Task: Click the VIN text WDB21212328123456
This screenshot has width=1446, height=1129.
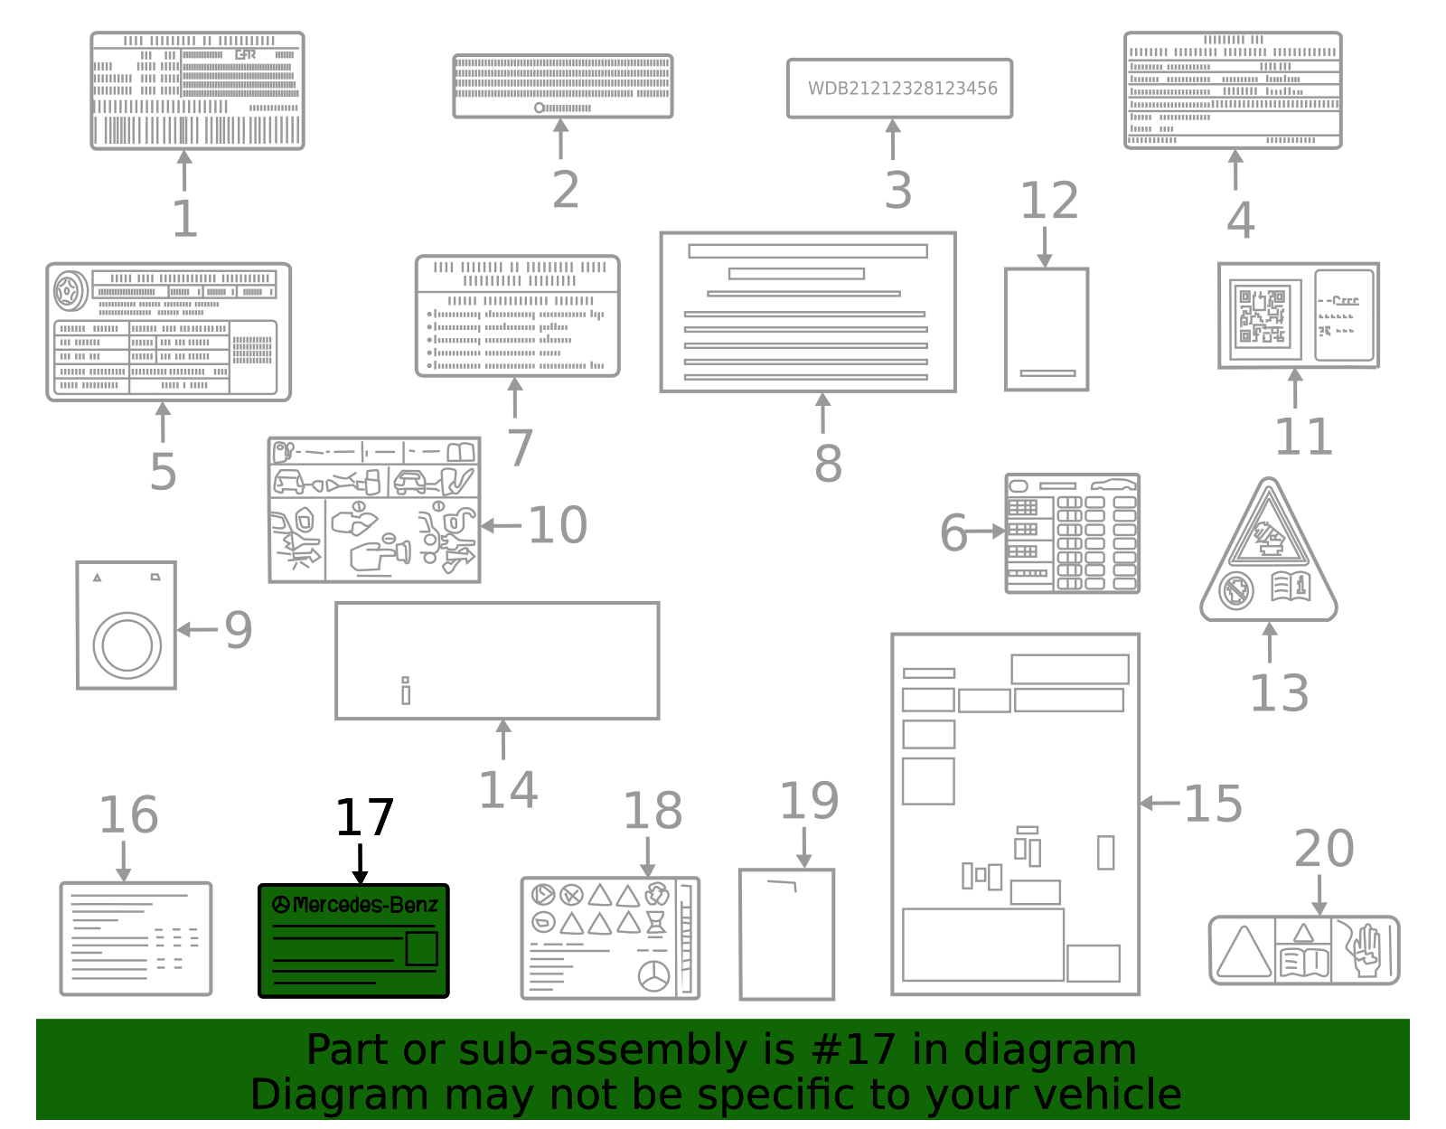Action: (x=902, y=89)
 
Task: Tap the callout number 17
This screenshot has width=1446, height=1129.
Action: (x=364, y=818)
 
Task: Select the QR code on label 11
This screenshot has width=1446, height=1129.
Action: (x=1262, y=316)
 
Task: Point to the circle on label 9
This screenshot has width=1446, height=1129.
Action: (x=127, y=645)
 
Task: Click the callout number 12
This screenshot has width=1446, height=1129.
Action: (x=1048, y=201)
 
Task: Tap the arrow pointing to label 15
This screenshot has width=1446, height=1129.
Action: (x=1160, y=803)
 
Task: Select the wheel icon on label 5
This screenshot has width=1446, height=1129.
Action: (x=70, y=291)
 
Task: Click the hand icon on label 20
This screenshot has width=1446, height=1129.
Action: (x=1366, y=949)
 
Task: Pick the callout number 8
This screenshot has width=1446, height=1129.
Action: (x=827, y=463)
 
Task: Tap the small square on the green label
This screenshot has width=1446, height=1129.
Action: (x=421, y=949)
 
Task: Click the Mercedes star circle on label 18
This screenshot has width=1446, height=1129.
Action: (x=653, y=976)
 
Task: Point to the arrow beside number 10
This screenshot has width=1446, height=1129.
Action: (x=500, y=525)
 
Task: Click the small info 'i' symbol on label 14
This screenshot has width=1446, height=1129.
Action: (x=406, y=691)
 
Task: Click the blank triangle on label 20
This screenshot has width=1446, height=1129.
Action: (x=1244, y=952)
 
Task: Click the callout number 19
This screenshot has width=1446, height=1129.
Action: (x=809, y=801)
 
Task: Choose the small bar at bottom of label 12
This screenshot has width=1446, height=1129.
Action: (x=1047, y=372)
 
